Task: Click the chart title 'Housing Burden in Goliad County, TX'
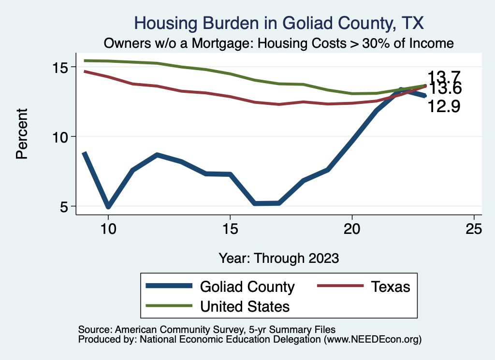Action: tap(279, 23)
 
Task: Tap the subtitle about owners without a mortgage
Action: tap(279, 43)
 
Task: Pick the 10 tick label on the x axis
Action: tap(108, 229)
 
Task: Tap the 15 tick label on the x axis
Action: tap(230, 229)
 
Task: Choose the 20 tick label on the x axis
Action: tap(352, 229)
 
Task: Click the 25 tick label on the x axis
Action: tap(474, 229)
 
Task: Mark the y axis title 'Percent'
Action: tap(22, 137)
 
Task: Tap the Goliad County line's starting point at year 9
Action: tap(84, 153)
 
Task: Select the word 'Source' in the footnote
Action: tap(93, 329)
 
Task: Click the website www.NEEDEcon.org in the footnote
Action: tap(372, 340)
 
